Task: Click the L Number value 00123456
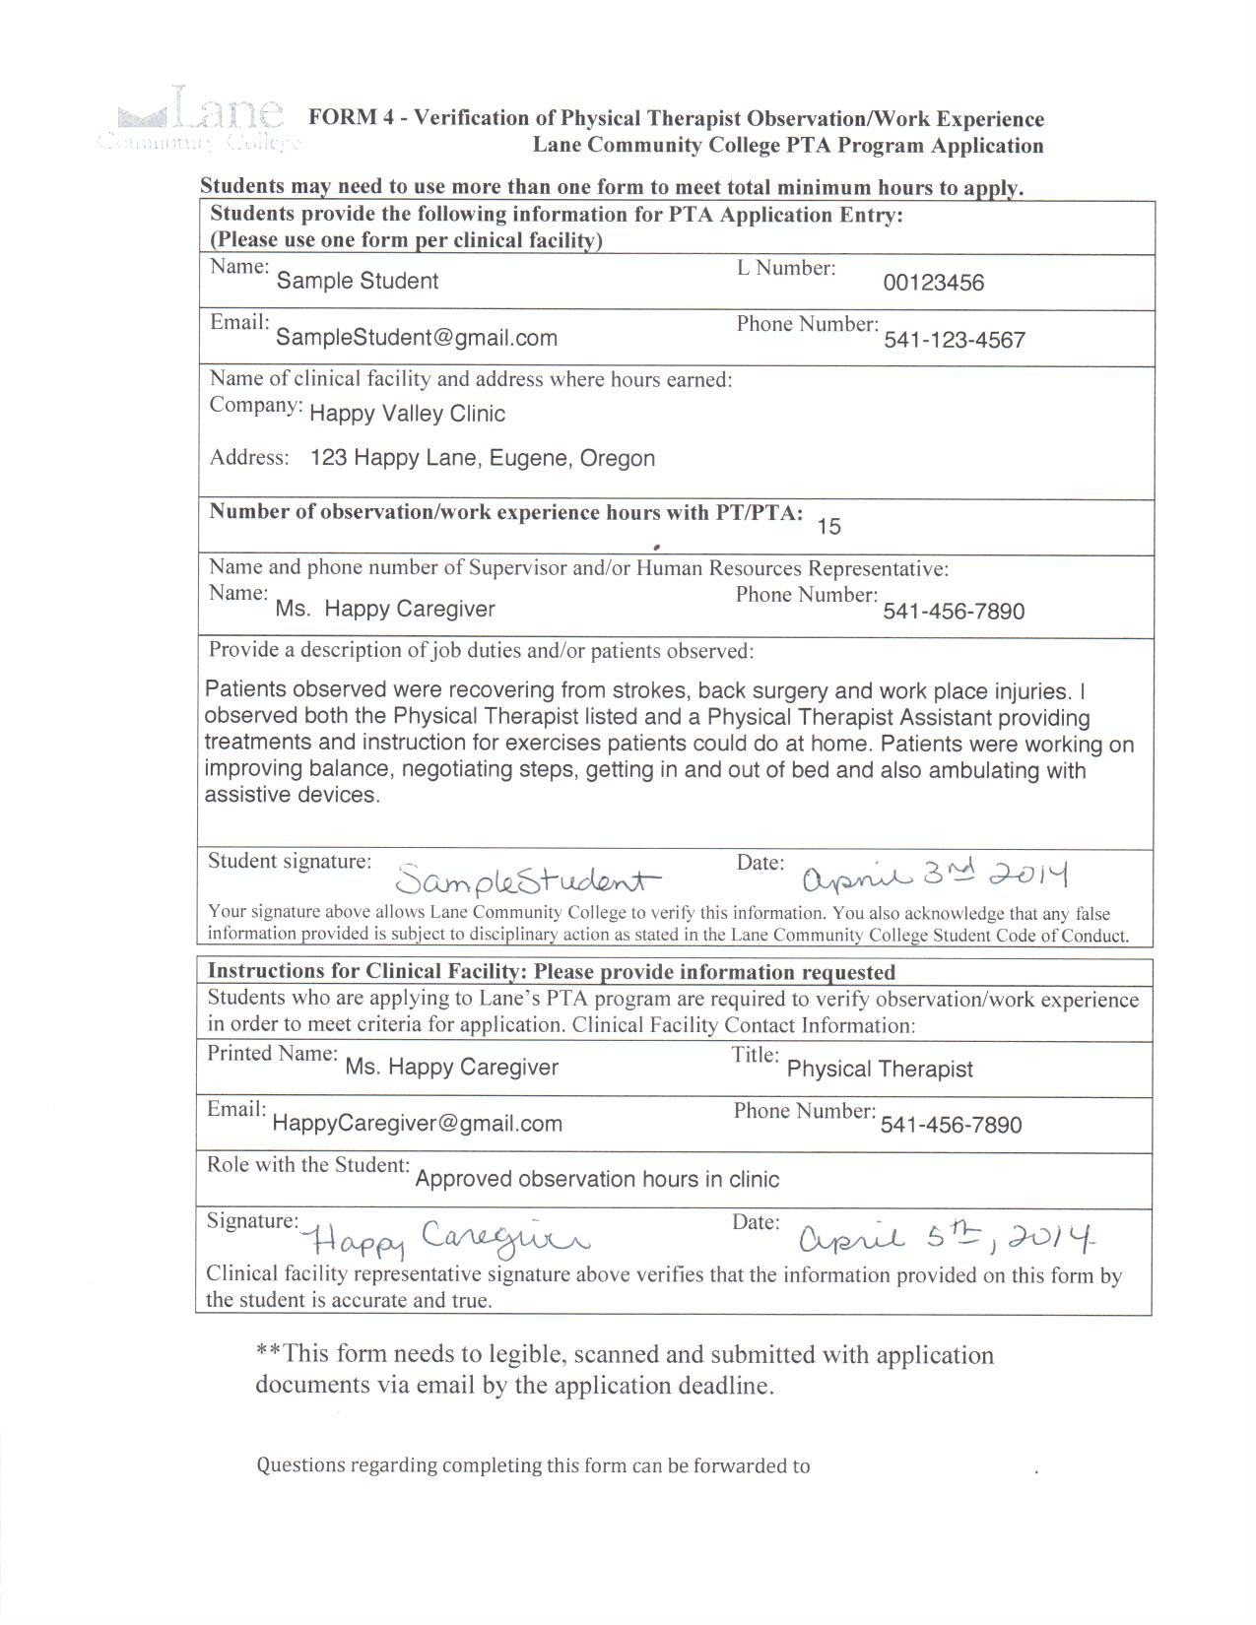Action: click(x=933, y=284)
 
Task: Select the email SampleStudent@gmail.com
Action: click(x=416, y=338)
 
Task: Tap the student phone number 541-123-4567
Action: click(x=954, y=341)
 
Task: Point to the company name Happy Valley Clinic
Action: click(x=407, y=414)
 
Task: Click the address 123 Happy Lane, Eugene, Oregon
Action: click(x=482, y=458)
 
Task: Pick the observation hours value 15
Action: click(x=828, y=527)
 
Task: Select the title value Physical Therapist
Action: click(x=880, y=1070)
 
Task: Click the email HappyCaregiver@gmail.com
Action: click(x=417, y=1124)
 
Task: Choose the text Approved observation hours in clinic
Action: click(x=597, y=1180)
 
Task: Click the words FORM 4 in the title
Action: click(x=344, y=118)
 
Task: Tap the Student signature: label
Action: click(x=290, y=861)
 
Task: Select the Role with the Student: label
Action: click(x=307, y=1165)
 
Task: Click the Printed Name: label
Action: click(x=272, y=1054)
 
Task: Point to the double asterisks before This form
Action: click(x=269, y=1352)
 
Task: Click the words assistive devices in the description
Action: click(x=292, y=796)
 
